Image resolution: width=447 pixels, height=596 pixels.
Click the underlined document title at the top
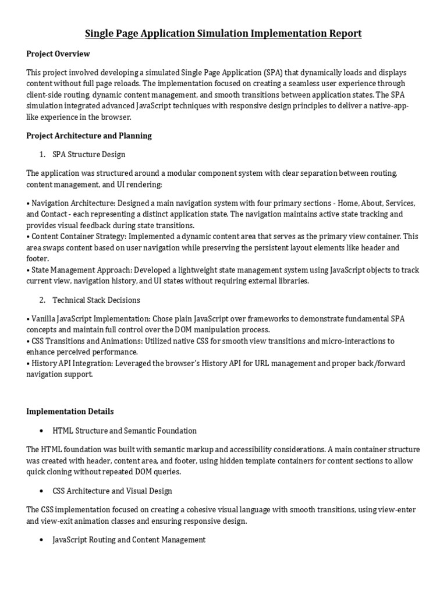223,33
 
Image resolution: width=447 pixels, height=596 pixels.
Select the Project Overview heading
58,54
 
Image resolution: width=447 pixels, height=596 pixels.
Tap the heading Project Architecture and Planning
89,136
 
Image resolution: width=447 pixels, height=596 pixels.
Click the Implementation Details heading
70,411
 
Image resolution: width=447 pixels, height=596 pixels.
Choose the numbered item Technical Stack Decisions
96,300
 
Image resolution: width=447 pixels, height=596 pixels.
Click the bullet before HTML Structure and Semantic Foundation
41,431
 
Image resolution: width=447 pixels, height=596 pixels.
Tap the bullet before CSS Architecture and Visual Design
41,491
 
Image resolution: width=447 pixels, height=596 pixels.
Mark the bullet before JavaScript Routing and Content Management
41,540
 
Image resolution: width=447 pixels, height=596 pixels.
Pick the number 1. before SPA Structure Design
42,154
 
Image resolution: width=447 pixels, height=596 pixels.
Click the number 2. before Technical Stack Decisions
42,300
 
